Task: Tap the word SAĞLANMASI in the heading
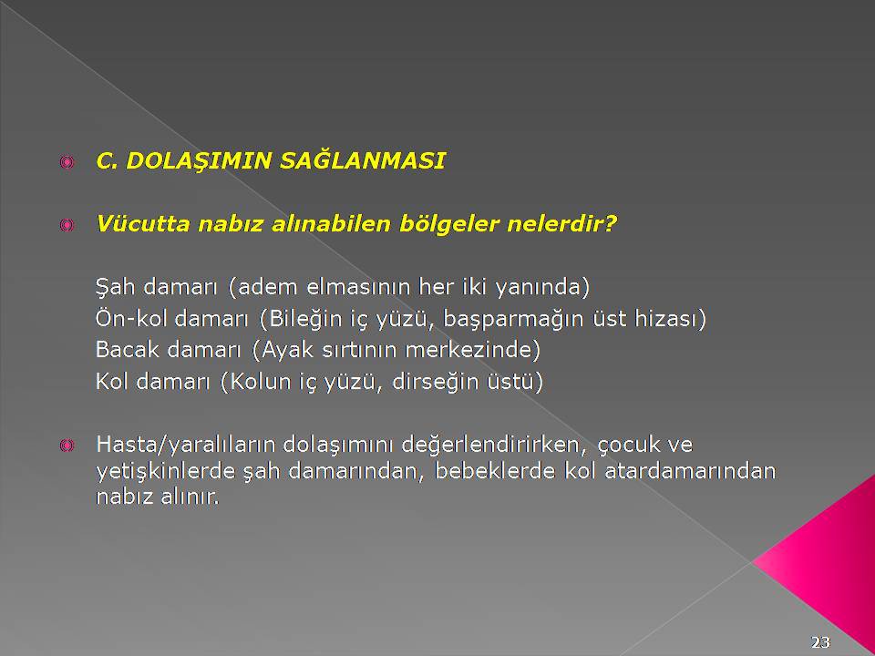(x=362, y=160)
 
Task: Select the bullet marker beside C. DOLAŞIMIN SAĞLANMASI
(x=67, y=162)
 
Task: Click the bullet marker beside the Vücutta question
(x=67, y=225)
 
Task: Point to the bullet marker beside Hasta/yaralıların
(x=67, y=445)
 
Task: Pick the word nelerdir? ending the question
(x=561, y=224)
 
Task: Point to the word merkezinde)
(x=473, y=350)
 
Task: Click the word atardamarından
(x=690, y=471)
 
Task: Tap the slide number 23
(x=820, y=642)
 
